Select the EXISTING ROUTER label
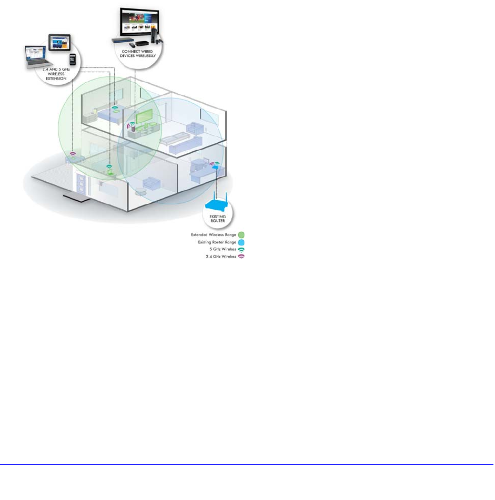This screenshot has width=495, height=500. [218, 218]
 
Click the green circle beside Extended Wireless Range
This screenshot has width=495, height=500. [241, 234]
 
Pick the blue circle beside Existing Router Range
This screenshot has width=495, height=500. [241, 242]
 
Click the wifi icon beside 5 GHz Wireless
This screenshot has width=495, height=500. [241, 249]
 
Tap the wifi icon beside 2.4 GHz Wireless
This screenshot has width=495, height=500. [241, 257]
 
